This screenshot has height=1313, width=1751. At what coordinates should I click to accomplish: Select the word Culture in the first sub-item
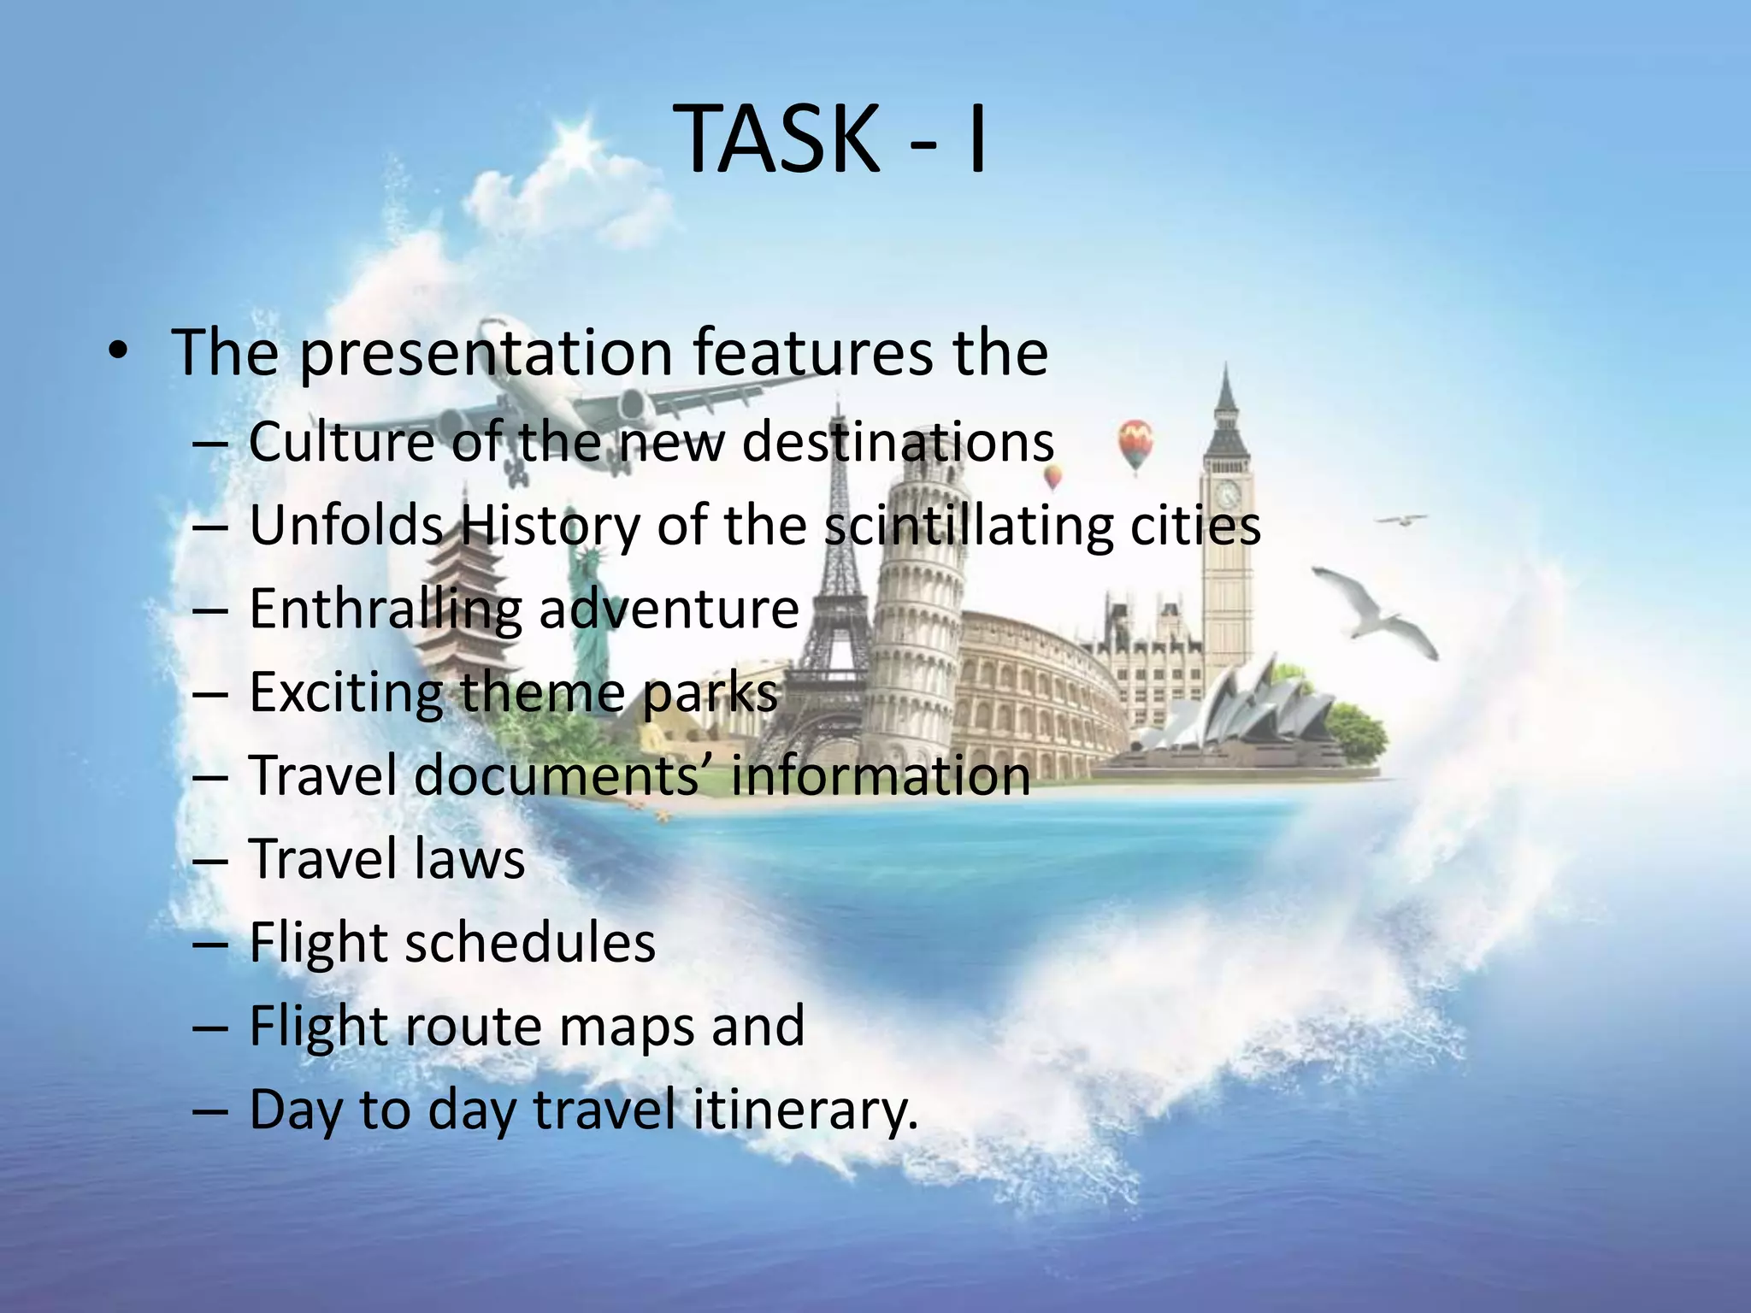(x=341, y=442)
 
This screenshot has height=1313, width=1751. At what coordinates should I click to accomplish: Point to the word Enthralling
(x=385, y=610)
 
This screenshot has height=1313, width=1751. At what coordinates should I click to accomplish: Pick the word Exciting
(x=345, y=692)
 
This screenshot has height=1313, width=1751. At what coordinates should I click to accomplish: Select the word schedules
(x=530, y=942)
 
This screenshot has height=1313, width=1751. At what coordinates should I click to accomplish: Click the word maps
(x=625, y=1026)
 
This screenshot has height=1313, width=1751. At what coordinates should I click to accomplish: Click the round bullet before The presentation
(x=118, y=352)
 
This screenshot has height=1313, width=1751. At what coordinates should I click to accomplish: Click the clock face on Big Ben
(x=1229, y=493)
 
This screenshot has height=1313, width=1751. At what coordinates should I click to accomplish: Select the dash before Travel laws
(x=210, y=860)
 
